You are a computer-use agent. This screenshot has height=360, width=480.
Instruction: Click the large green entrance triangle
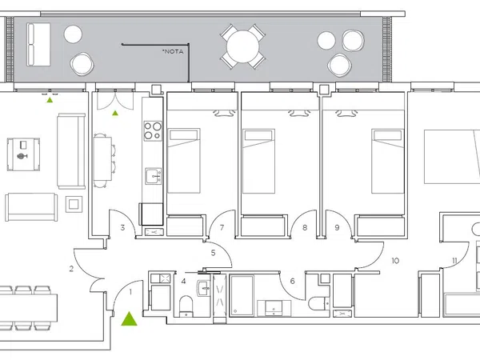(129, 319)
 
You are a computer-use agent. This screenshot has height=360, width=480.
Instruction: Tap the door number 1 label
(130, 292)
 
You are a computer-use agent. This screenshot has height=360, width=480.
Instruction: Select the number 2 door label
(71, 269)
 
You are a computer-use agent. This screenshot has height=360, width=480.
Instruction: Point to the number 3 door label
(122, 227)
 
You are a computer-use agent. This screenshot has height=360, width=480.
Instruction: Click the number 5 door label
(213, 253)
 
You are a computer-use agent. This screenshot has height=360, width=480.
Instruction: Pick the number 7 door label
(222, 227)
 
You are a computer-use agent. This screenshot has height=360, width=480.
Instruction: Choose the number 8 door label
(305, 227)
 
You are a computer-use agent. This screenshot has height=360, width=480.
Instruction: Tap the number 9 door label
(337, 227)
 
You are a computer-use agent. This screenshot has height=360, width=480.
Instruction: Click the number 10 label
(395, 261)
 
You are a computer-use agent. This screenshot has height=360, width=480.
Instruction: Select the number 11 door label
(454, 261)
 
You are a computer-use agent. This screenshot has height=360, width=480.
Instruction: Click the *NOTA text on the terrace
(173, 51)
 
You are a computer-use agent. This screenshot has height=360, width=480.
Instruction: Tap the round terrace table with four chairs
(242, 47)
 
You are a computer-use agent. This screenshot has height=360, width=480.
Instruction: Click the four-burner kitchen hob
(153, 130)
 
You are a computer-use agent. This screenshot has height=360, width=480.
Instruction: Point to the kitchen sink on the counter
(153, 176)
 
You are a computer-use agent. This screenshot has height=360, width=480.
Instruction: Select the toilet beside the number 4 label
(186, 306)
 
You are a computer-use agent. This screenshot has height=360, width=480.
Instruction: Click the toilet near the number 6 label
(318, 303)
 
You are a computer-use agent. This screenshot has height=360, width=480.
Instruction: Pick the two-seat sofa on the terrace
(38, 44)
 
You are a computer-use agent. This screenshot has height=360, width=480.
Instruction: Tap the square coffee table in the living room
(23, 154)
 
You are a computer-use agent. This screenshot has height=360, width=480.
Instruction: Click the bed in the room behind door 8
(258, 161)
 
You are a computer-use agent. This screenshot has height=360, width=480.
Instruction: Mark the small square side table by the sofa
(74, 204)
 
